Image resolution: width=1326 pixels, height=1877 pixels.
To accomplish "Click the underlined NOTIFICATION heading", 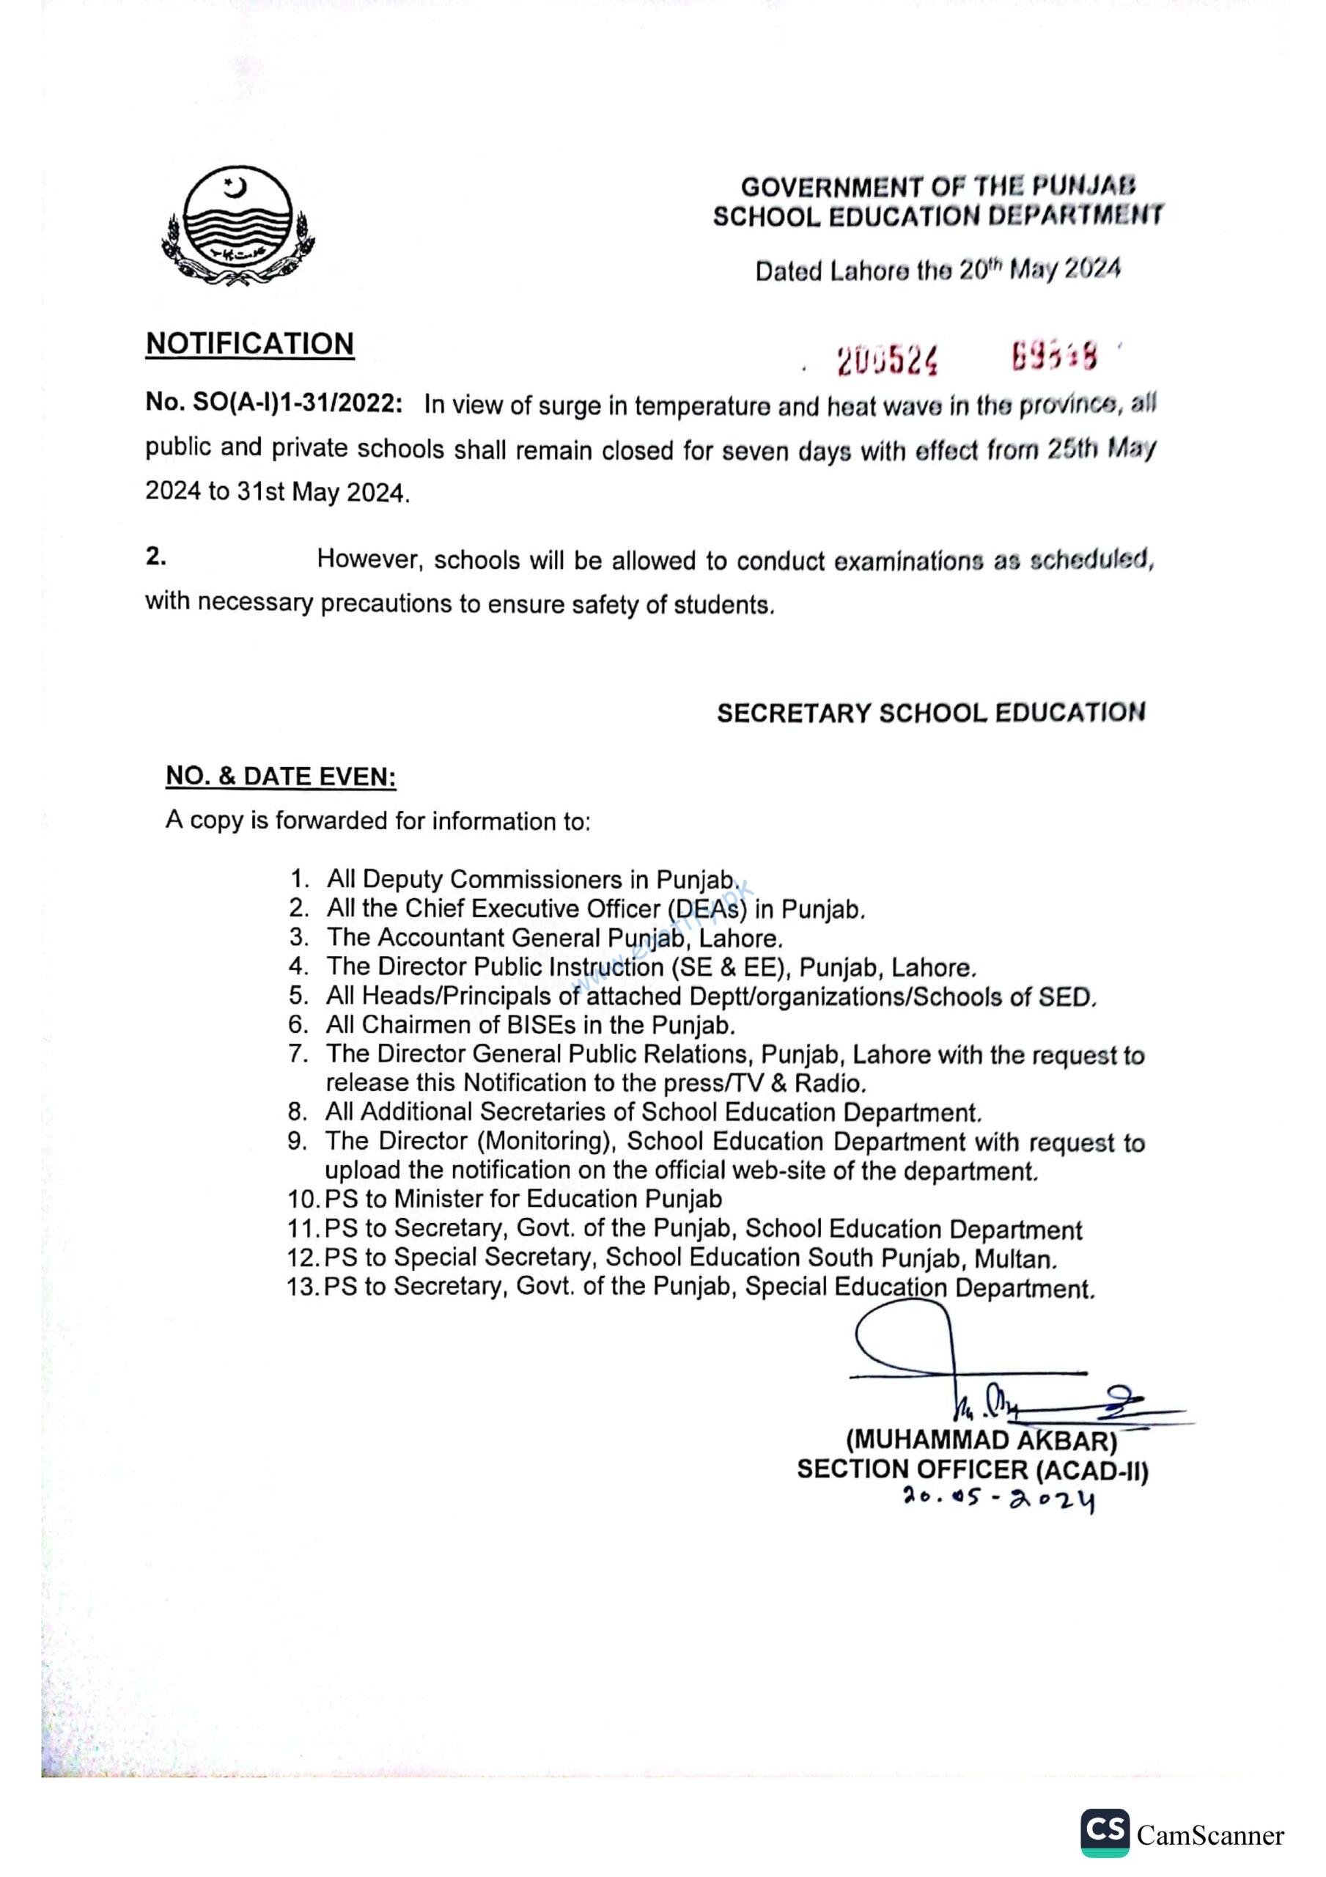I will [249, 343].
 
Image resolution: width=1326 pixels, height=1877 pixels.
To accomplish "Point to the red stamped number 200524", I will [887, 360].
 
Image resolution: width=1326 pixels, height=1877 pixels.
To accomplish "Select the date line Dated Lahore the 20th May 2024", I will [937, 270].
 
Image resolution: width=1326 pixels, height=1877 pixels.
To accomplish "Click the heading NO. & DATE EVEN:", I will [281, 776].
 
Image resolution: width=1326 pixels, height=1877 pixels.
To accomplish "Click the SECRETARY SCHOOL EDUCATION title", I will [931, 713].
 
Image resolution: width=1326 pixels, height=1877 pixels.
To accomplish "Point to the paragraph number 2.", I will [156, 557].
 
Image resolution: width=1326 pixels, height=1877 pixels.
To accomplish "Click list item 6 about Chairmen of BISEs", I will [530, 1024].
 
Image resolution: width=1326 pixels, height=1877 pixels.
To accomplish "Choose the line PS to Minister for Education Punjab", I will [523, 1200].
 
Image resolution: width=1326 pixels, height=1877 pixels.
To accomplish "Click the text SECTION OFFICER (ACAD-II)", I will [972, 1493].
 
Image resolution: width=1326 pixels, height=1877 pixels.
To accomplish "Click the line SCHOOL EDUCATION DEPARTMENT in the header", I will [938, 216].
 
